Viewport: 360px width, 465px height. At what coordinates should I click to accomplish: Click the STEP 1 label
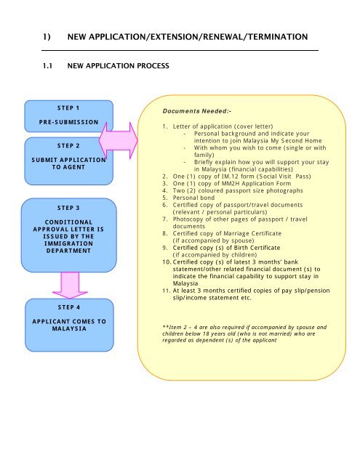[x=68, y=108]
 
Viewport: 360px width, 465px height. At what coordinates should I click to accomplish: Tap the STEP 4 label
[x=69, y=307]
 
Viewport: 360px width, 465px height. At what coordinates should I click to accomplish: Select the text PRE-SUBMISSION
[x=68, y=122]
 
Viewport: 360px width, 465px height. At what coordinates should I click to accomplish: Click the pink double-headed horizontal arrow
[x=119, y=140]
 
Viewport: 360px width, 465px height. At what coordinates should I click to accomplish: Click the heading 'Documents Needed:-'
[x=197, y=111]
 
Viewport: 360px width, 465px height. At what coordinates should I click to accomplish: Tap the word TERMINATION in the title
[x=278, y=37]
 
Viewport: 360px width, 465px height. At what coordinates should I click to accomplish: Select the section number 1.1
[x=47, y=66]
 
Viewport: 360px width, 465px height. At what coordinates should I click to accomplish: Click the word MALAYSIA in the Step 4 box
[x=69, y=328]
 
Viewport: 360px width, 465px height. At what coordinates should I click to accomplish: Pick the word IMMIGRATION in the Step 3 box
[x=68, y=243]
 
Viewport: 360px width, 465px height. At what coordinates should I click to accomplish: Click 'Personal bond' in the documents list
[x=193, y=198]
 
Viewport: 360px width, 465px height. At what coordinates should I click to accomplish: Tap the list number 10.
[x=167, y=262]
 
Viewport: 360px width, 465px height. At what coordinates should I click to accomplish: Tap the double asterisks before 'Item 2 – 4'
[x=165, y=326]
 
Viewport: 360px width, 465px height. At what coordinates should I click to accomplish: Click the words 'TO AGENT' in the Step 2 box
[x=68, y=167]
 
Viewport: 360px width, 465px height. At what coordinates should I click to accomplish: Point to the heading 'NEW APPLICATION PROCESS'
[x=118, y=66]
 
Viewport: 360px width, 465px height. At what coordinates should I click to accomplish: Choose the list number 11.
[x=167, y=291]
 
